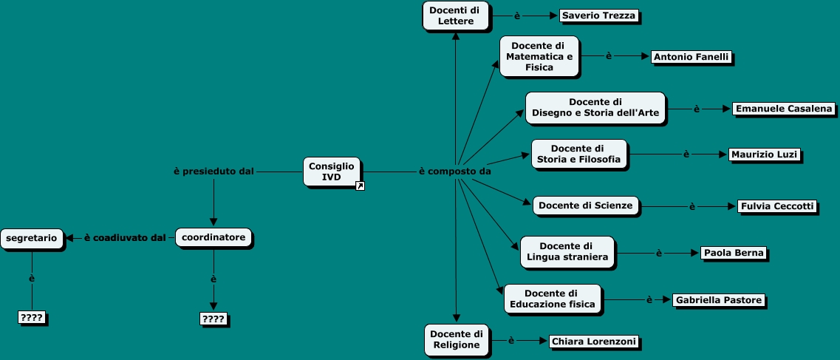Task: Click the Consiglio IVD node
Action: pos(332,171)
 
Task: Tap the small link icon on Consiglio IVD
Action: pos(360,186)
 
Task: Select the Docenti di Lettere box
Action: pos(456,16)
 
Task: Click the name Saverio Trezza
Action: pos(598,16)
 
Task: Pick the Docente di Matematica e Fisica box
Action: pos(539,56)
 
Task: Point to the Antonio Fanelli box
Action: pos(692,57)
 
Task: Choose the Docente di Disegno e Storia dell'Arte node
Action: pos(595,108)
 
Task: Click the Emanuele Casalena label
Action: pos(784,109)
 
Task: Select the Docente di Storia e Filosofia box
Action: pos(578,154)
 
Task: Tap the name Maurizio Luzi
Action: pos(764,154)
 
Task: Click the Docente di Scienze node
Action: pos(586,206)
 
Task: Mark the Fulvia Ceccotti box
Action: pos(777,206)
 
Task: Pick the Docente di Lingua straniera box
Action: pos(567,252)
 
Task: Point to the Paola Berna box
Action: pos(734,253)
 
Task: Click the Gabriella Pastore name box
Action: pos(718,300)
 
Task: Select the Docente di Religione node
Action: pos(457,339)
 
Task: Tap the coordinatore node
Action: pos(214,237)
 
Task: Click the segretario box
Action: pos(32,237)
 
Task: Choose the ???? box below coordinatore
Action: pos(214,319)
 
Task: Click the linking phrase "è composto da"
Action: pos(455,171)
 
